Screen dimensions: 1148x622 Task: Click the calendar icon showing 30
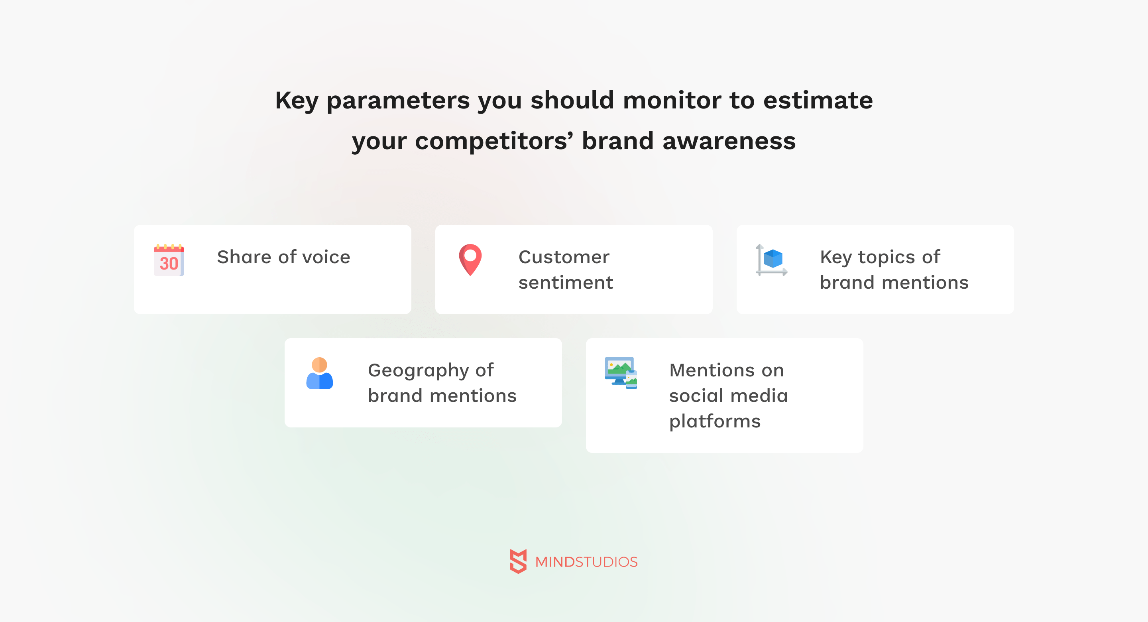pos(169,260)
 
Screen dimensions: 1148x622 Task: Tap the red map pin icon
pos(470,260)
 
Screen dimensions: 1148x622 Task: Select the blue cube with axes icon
pos(771,260)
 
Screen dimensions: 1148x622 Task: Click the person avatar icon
pos(320,373)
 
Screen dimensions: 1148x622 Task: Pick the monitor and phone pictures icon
pos(621,373)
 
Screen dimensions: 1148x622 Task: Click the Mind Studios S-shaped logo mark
pos(518,561)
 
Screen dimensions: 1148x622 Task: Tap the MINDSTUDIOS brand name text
pos(586,562)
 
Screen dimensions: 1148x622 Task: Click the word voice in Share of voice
pos(326,257)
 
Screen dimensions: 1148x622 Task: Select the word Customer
pos(564,257)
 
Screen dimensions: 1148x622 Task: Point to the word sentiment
pos(566,283)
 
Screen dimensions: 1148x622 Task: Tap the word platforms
pos(715,422)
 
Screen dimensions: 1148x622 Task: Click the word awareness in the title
pos(729,141)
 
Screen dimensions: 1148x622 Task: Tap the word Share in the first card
pos(244,257)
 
